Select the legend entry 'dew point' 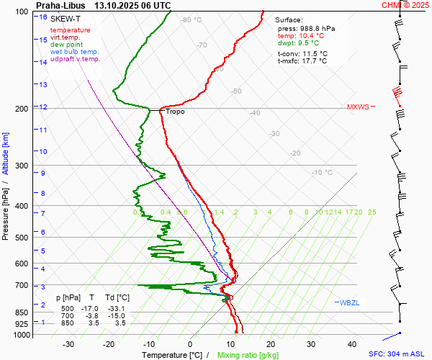[66, 45]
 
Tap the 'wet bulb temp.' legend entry [74, 52]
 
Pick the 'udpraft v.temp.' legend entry [75, 59]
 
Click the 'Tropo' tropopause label [175, 112]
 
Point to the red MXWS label [358, 107]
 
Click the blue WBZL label [349, 302]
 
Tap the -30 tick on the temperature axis [68, 345]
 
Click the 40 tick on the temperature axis [353, 345]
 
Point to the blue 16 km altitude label [44, 17]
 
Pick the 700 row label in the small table [67, 316]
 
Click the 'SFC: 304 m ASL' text [398, 354]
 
